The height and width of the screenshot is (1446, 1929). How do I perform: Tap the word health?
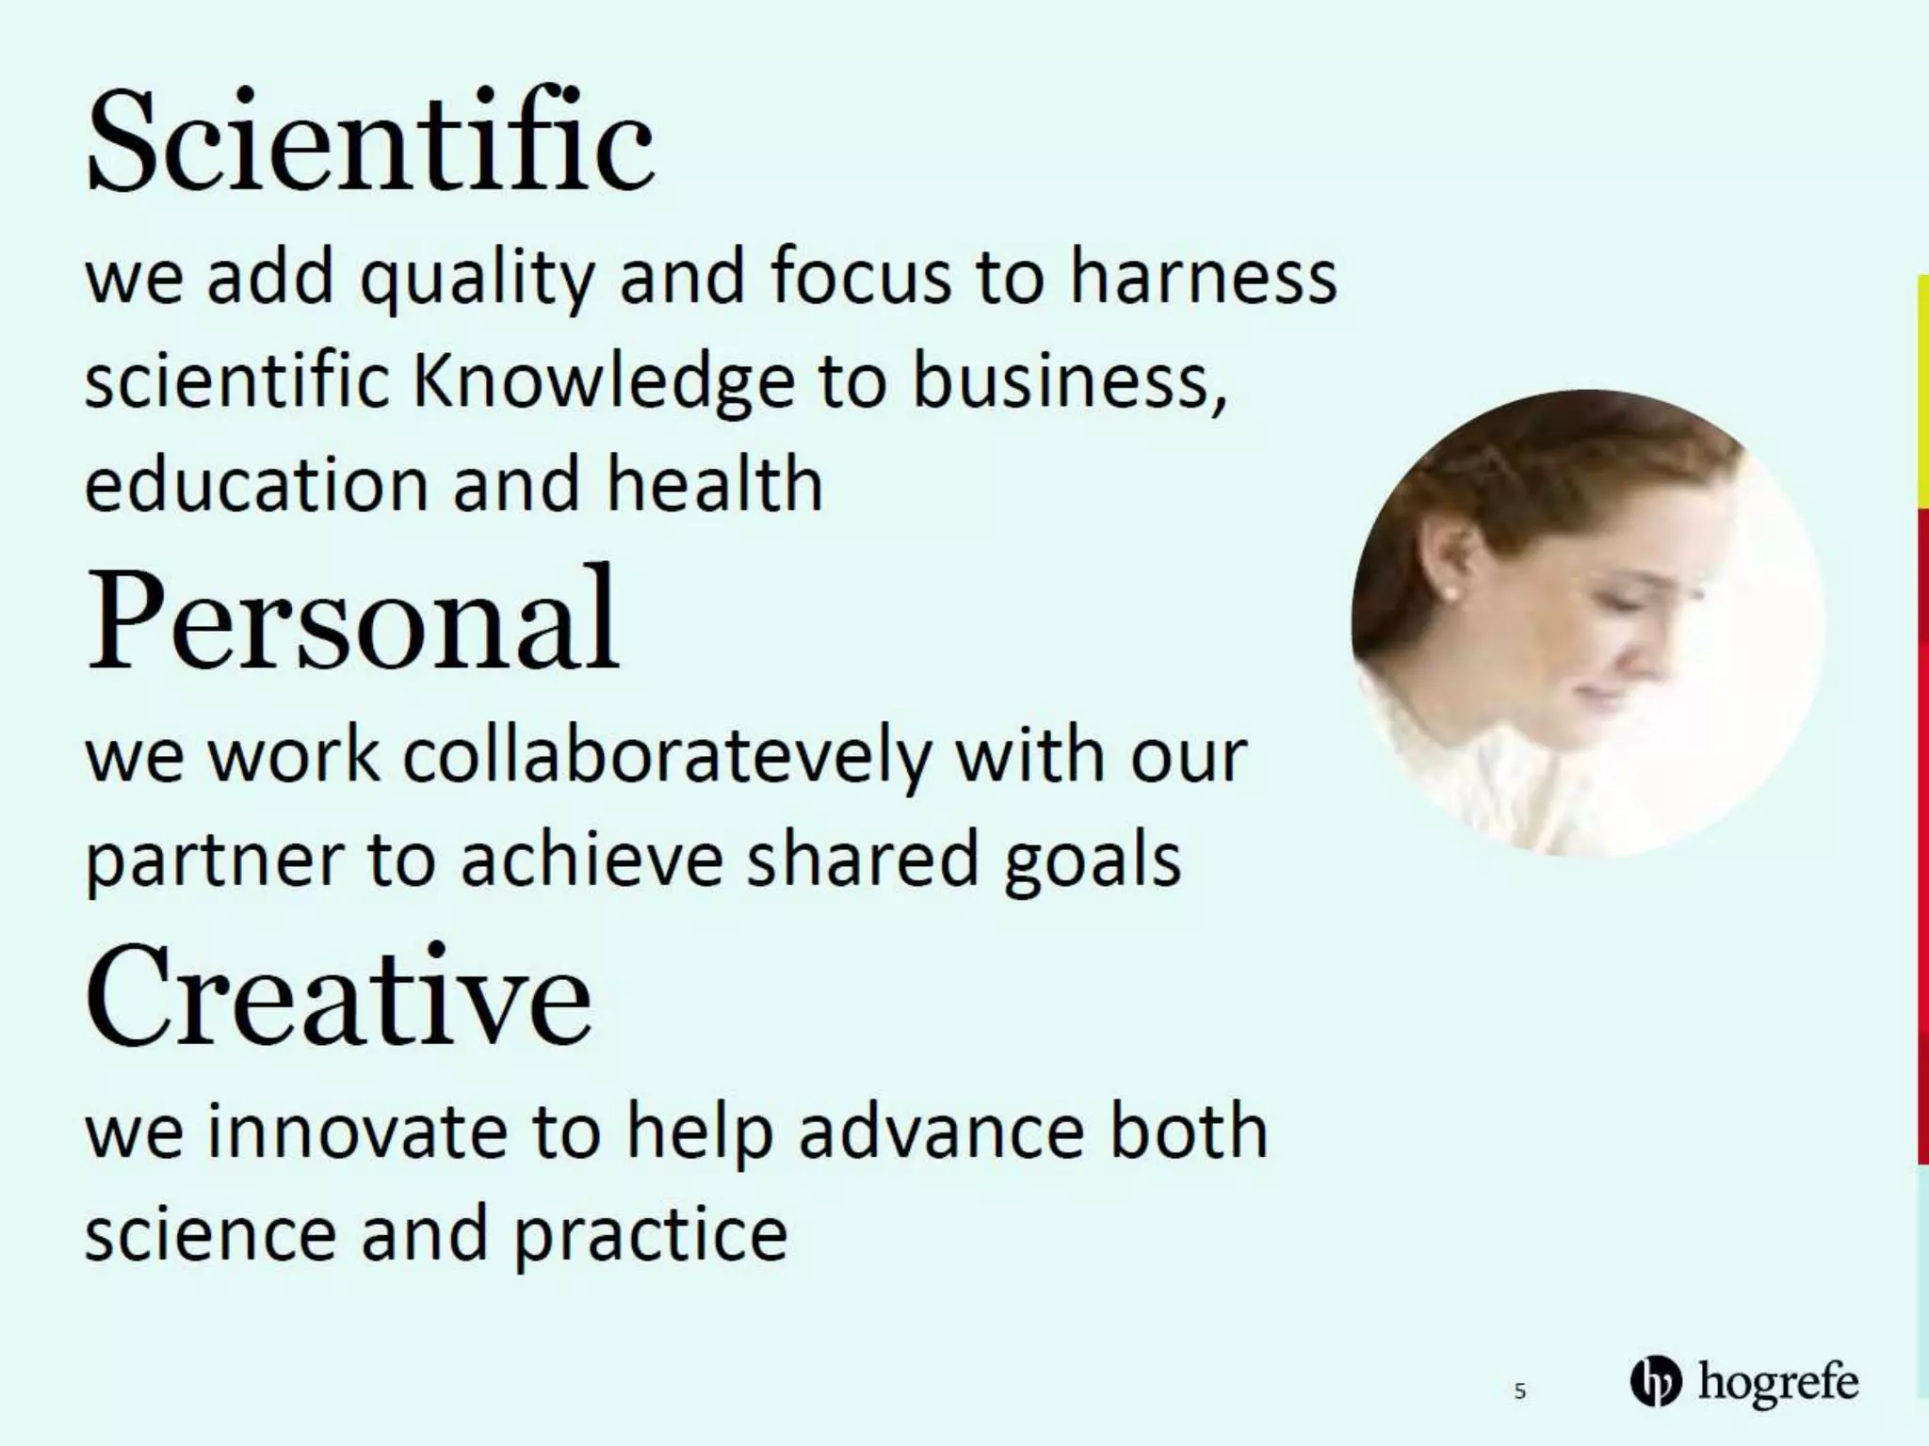(x=714, y=484)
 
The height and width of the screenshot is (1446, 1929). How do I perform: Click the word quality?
(x=478, y=280)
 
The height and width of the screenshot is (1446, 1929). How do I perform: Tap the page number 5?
(x=1519, y=1390)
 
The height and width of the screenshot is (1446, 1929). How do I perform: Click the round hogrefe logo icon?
(x=1655, y=1382)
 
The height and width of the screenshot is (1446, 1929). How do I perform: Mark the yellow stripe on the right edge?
(x=1922, y=391)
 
